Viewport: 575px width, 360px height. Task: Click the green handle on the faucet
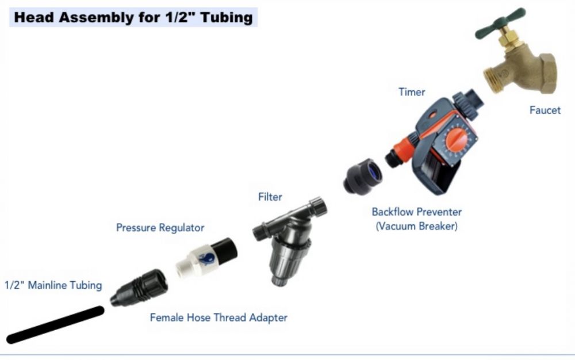click(500, 23)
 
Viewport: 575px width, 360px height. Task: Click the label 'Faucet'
click(545, 110)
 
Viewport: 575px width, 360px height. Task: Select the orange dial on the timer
click(456, 141)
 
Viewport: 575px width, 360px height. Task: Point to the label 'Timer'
click(412, 91)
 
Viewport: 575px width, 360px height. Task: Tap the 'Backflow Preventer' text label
click(416, 212)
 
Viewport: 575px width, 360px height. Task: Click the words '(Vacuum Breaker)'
click(416, 226)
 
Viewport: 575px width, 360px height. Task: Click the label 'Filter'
click(270, 197)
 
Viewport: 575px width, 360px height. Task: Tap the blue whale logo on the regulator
click(207, 259)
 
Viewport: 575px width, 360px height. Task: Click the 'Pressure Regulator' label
click(160, 228)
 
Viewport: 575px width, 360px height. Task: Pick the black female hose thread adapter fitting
click(139, 288)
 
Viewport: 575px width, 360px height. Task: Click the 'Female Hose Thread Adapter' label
click(218, 317)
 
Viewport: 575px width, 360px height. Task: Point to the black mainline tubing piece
click(55, 325)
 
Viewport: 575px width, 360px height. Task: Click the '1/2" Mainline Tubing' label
click(53, 285)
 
